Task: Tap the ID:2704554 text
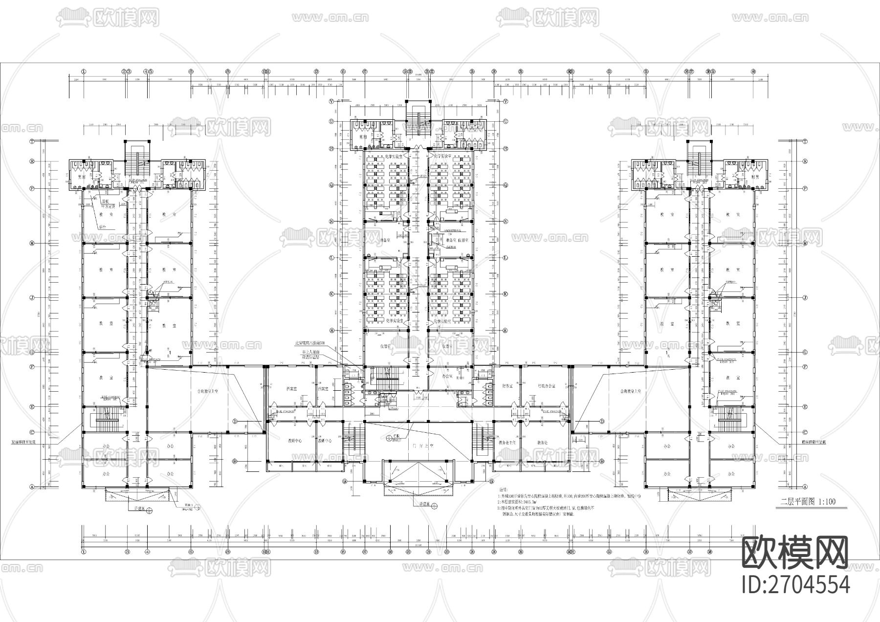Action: tap(795, 584)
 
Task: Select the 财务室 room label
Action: tap(507, 386)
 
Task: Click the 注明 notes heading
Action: tap(503, 489)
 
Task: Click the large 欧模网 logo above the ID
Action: tap(795, 552)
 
